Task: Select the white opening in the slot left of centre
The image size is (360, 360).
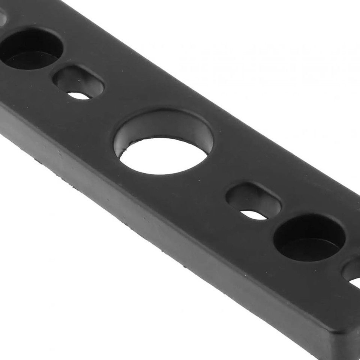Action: pyautogui.click(x=79, y=96)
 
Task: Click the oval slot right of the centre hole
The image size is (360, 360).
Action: pyautogui.click(x=253, y=201)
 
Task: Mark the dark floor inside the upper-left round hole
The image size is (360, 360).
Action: pyautogui.click(x=30, y=60)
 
